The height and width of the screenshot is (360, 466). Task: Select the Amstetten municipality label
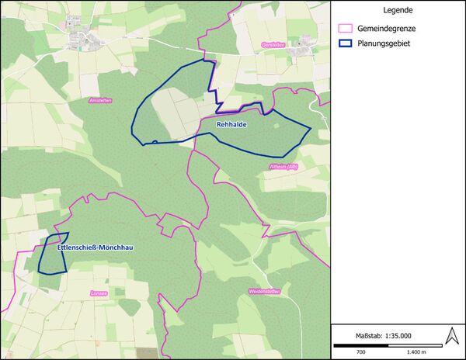(101, 100)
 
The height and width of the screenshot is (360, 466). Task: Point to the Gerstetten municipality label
(273, 45)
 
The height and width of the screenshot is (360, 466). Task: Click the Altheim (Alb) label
(283, 167)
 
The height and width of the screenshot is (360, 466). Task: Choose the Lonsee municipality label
(98, 293)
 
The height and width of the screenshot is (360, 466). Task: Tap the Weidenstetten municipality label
(264, 291)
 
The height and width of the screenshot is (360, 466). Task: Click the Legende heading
(398, 11)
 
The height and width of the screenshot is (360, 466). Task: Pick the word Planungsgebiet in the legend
(384, 43)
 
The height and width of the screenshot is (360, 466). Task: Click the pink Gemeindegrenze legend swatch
(346, 28)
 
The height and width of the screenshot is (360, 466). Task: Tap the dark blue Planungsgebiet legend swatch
(346, 43)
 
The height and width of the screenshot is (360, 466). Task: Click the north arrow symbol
(451, 337)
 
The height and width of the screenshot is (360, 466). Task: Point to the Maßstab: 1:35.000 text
(383, 335)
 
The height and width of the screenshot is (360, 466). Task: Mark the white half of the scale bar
(388, 344)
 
